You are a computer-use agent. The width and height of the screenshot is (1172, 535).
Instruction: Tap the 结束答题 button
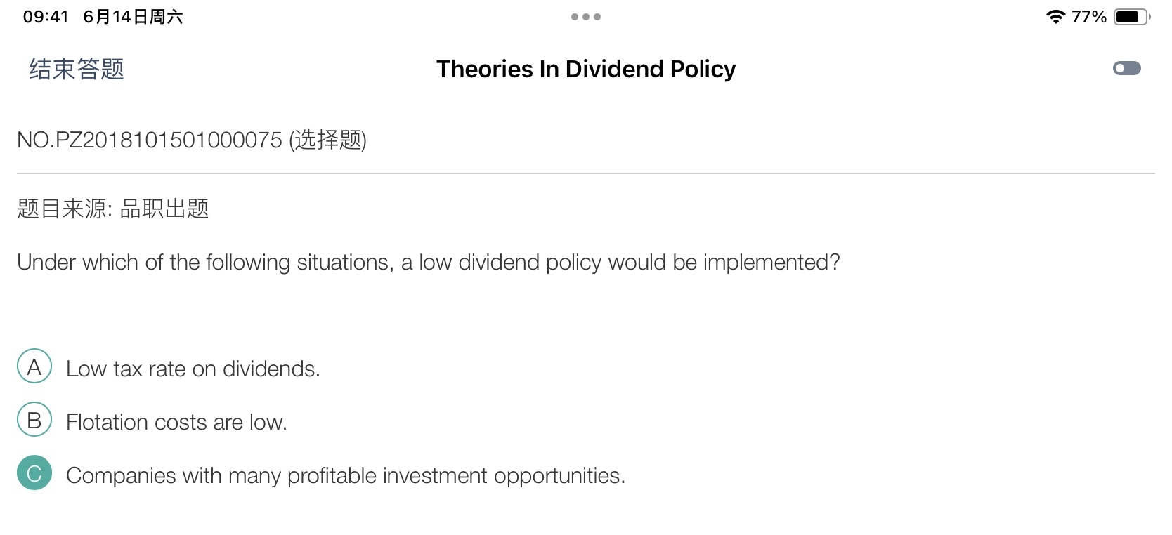click(77, 69)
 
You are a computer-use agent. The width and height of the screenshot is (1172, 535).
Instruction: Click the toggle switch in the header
click(1126, 69)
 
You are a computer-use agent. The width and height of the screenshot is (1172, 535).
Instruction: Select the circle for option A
click(34, 366)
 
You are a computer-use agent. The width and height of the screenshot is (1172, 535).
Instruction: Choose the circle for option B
click(34, 419)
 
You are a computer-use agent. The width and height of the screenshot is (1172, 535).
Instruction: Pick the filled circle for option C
click(34, 473)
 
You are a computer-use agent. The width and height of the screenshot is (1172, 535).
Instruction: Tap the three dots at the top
click(586, 17)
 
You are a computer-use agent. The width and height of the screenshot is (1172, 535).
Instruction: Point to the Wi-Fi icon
click(1056, 17)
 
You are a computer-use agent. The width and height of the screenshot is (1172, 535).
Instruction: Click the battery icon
click(1132, 17)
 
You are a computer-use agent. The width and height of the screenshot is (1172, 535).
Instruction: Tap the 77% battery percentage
click(1089, 17)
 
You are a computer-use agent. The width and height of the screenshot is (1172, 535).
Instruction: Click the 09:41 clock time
click(46, 17)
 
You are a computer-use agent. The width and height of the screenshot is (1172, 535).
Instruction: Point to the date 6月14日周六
click(133, 17)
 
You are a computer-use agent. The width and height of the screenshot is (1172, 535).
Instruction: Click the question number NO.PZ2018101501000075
click(150, 140)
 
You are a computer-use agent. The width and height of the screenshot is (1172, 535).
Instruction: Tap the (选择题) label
click(328, 140)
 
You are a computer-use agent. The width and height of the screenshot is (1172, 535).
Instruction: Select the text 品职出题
click(164, 209)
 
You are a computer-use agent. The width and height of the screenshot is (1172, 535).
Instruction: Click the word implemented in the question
click(771, 263)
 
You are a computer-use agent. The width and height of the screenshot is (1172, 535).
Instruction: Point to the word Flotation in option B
click(107, 422)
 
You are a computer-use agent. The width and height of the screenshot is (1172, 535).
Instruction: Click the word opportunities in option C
click(559, 476)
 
